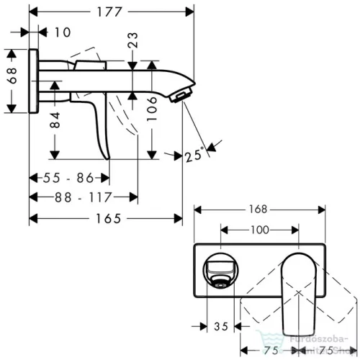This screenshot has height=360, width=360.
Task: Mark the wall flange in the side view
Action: pyautogui.click(x=34, y=81)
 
